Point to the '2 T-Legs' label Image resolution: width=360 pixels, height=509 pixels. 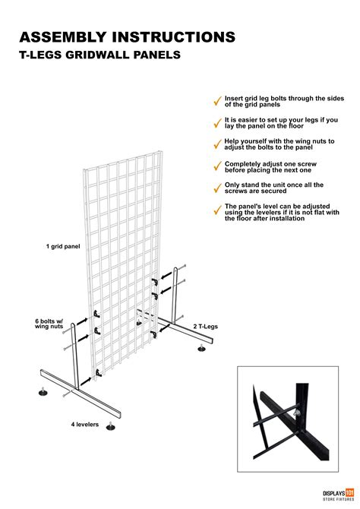pos(206,325)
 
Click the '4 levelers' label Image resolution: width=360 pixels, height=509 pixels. pos(85,424)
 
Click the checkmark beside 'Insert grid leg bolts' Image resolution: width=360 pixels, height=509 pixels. pos(217,101)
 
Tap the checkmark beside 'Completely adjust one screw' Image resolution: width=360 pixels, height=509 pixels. pos(217,166)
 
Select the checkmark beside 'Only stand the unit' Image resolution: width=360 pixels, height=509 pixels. pos(217,187)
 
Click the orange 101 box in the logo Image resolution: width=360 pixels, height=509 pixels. pos(350,492)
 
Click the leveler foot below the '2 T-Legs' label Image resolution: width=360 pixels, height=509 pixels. pos(201,349)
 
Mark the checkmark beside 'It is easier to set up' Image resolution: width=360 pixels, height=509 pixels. pos(217,122)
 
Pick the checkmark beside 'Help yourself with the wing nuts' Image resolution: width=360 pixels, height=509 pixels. pos(217,144)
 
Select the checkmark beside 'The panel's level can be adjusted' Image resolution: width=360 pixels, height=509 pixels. pos(217,209)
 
